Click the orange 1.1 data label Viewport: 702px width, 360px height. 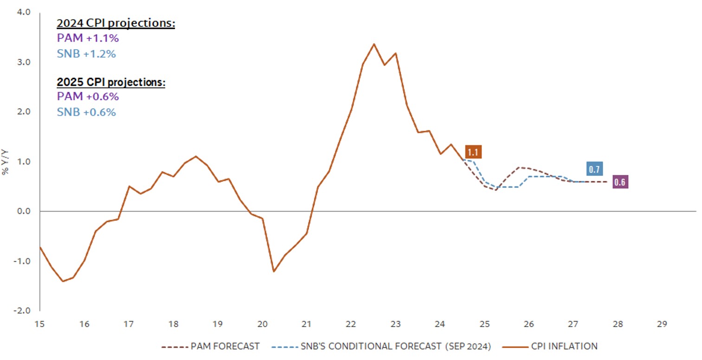click(x=473, y=152)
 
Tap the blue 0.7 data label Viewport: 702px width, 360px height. click(x=594, y=169)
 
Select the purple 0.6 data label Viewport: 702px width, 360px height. click(x=619, y=182)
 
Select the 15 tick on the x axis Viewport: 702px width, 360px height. click(x=40, y=323)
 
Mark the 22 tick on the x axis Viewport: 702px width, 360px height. click(x=351, y=323)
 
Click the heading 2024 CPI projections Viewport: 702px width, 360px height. click(x=116, y=23)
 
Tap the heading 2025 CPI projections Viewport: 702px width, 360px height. click(x=111, y=82)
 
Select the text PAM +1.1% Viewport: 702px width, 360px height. click(x=88, y=39)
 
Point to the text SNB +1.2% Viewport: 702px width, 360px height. click(x=86, y=53)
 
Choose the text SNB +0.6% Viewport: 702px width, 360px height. click(x=86, y=112)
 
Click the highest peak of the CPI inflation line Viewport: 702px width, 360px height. click(x=374, y=44)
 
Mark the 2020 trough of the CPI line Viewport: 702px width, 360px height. click(x=274, y=271)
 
